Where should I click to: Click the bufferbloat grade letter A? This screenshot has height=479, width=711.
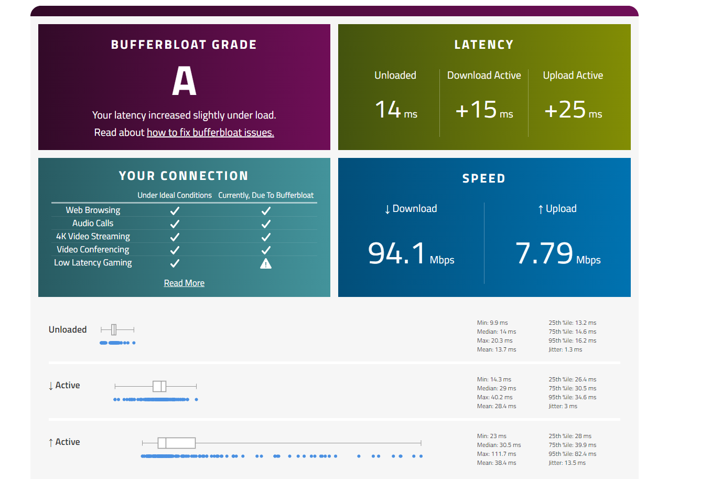tap(184, 81)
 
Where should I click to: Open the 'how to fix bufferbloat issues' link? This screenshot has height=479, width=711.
tap(210, 133)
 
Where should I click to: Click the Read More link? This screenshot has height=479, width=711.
tap(184, 283)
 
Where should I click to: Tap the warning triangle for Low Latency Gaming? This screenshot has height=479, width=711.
tap(266, 263)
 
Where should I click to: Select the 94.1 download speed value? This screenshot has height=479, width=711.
tap(397, 253)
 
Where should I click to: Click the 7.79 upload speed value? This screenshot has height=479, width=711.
tap(544, 253)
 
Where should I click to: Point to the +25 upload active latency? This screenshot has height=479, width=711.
tap(565, 110)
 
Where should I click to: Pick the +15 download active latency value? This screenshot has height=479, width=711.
tap(476, 110)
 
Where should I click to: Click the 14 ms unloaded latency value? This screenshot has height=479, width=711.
tap(388, 110)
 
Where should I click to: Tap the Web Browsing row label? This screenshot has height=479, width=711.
tap(93, 210)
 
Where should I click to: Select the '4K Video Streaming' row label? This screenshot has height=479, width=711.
tap(93, 237)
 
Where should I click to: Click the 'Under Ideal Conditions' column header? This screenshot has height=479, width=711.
tap(175, 195)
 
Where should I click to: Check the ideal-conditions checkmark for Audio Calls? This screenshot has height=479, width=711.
tap(175, 224)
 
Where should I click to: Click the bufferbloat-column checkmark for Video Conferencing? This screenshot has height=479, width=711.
tap(266, 250)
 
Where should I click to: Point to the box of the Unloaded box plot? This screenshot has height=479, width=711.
tap(114, 329)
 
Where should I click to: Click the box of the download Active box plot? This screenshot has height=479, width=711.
tap(159, 386)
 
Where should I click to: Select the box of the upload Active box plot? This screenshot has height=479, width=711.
tap(177, 443)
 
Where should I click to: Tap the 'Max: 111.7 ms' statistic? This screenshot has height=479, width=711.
tap(497, 454)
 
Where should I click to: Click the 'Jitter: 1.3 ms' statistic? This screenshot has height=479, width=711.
tap(565, 349)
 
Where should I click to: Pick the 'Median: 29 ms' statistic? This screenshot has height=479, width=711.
tap(497, 388)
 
